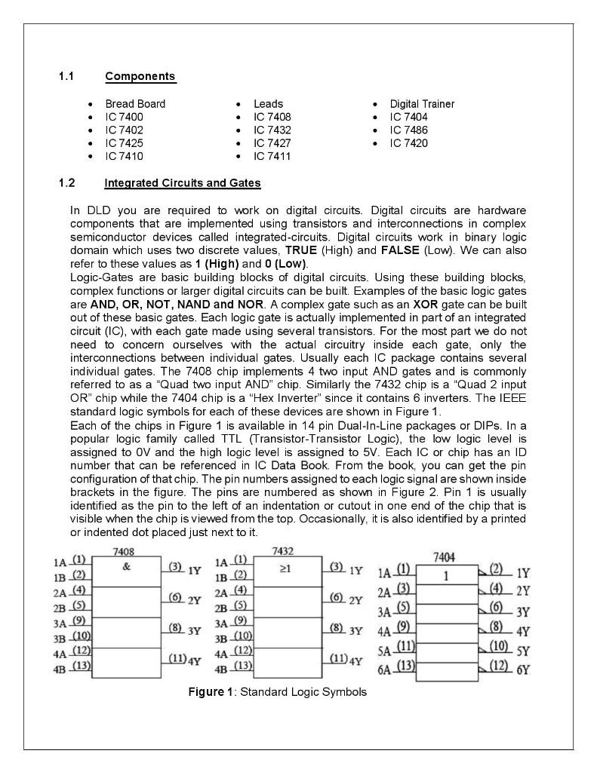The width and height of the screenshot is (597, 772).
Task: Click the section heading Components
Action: click(x=140, y=76)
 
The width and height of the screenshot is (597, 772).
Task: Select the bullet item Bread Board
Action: click(x=135, y=104)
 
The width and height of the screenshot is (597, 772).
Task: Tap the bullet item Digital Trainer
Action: click(x=422, y=104)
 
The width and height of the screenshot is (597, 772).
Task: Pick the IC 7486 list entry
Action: click(x=409, y=130)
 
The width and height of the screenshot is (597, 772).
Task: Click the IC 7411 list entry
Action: click(x=272, y=157)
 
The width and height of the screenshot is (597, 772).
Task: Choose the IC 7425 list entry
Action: click(x=124, y=143)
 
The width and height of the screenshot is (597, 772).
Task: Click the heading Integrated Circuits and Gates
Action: click(x=182, y=182)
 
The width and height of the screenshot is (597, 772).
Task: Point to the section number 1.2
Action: click(x=67, y=182)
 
